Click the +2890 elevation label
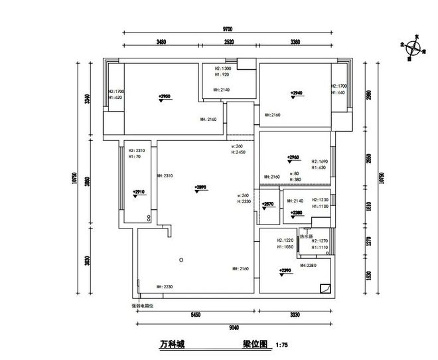[202, 187]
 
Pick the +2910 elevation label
[139, 192]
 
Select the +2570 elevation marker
[267, 204]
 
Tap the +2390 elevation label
[286, 270]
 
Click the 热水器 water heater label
[305, 236]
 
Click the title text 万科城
[172, 345]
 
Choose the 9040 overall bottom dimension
[229, 327]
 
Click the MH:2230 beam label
[165, 286]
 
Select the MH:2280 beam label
[310, 265]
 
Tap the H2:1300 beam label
[222, 68]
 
